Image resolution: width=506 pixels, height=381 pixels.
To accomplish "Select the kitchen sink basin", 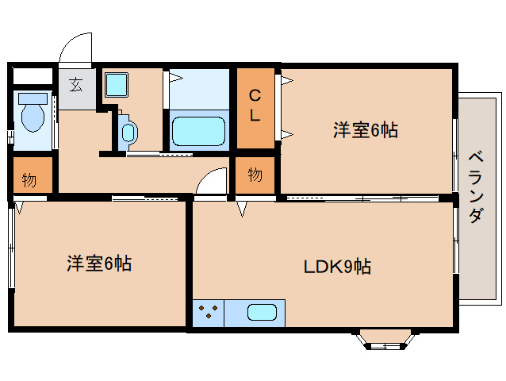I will point(262,312).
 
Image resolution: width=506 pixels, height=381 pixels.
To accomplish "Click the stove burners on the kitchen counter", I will point(209,312).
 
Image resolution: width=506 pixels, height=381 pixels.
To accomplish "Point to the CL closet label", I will point(255,106).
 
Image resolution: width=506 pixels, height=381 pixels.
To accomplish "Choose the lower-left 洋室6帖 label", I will point(98,264).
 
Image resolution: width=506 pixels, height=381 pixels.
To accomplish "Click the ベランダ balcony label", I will point(475,187).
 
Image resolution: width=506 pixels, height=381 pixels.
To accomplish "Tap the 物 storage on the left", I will point(29,179).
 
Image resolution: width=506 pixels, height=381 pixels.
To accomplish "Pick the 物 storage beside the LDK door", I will point(254,175).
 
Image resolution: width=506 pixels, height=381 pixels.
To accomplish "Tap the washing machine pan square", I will point(117,84).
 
